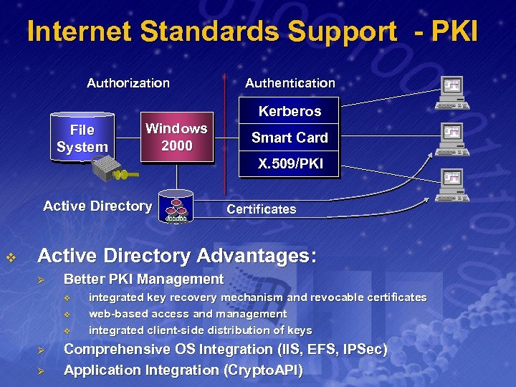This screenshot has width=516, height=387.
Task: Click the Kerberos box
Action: pyautogui.click(x=290, y=111)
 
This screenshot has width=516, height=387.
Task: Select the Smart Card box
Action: pyautogui.click(x=290, y=138)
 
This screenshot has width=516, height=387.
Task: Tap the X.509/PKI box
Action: pyautogui.click(x=290, y=164)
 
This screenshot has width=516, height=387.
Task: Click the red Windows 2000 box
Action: pyautogui.click(x=176, y=137)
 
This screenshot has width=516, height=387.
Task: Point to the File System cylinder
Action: pyautogui.click(x=82, y=138)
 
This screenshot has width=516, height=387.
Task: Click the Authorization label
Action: pyautogui.click(x=128, y=83)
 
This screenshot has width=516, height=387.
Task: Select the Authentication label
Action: pyautogui.click(x=290, y=83)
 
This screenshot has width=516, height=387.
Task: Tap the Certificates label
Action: pyautogui.click(x=261, y=209)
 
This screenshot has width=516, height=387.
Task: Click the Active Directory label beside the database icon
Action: pyautogui.click(x=97, y=206)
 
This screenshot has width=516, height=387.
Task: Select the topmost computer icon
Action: pyautogui.click(x=453, y=92)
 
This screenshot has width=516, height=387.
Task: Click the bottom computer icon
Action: pyautogui.click(x=453, y=183)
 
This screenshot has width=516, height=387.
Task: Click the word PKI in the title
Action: pyautogui.click(x=454, y=32)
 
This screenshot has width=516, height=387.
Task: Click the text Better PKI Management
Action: pyautogui.click(x=143, y=279)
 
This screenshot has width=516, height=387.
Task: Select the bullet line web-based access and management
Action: pyautogui.click(x=188, y=314)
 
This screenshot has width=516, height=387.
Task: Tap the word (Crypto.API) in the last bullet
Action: pyautogui.click(x=264, y=371)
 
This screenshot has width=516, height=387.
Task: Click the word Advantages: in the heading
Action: pyautogui.click(x=257, y=256)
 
